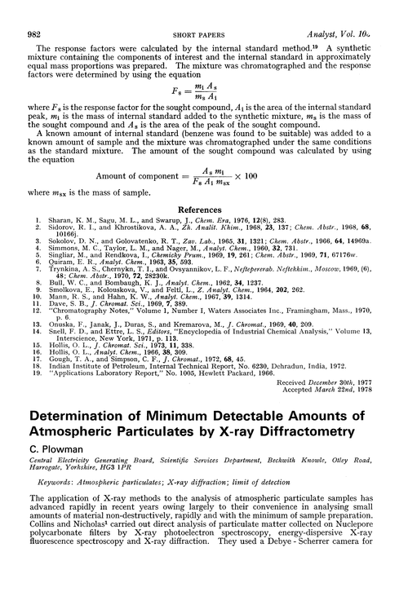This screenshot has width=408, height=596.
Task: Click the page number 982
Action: pyautogui.click(x=37, y=11)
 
